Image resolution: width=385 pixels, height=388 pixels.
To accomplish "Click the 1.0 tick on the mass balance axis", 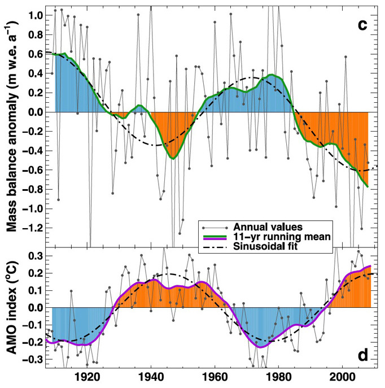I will [x=36, y=16].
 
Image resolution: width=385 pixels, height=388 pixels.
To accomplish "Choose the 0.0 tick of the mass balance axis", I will [x=36, y=112].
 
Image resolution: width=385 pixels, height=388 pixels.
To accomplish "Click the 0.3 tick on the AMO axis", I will [x=36, y=256].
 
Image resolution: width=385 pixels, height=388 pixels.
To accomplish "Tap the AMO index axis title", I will [x=12, y=308].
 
